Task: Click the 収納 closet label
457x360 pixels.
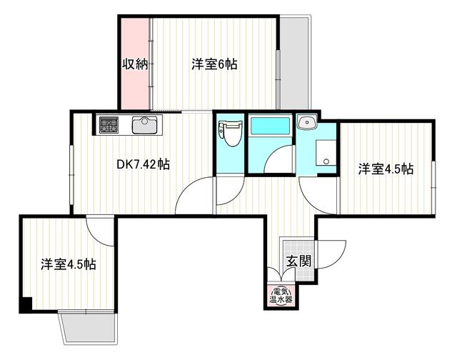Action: click(x=135, y=64)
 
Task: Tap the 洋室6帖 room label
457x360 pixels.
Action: click(x=214, y=64)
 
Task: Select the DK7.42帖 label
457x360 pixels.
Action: click(x=143, y=165)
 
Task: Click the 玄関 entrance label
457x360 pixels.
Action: click(x=298, y=261)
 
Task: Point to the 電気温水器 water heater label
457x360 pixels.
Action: click(x=281, y=295)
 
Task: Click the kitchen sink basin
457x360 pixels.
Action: click(x=144, y=125)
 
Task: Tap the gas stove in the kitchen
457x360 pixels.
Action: click(x=109, y=125)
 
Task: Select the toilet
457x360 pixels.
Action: click(x=230, y=134)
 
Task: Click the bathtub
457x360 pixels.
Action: click(x=270, y=126)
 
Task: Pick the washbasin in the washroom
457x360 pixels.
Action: click(x=306, y=122)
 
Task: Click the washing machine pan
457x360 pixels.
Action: click(x=326, y=152)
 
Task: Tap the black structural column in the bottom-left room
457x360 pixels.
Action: click(x=26, y=304)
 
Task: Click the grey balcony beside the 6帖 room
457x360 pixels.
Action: click(x=293, y=63)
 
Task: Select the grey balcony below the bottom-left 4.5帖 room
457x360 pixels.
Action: click(x=88, y=328)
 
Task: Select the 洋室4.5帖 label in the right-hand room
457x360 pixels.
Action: click(x=386, y=169)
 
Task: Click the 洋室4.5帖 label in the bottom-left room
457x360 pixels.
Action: click(x=69, y=264)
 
